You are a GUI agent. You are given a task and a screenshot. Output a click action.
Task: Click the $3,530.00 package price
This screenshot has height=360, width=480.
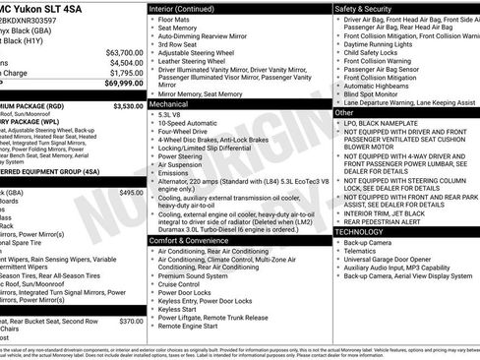pos(128,105)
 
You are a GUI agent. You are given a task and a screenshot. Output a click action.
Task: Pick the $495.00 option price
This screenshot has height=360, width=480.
pos(131,193)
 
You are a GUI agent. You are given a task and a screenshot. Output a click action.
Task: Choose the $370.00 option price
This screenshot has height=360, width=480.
pos(131,321)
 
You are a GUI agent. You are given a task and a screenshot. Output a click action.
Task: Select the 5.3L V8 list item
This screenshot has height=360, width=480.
pos(175,114)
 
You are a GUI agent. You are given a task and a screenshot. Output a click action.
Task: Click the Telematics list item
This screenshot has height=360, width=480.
pos(362,251)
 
